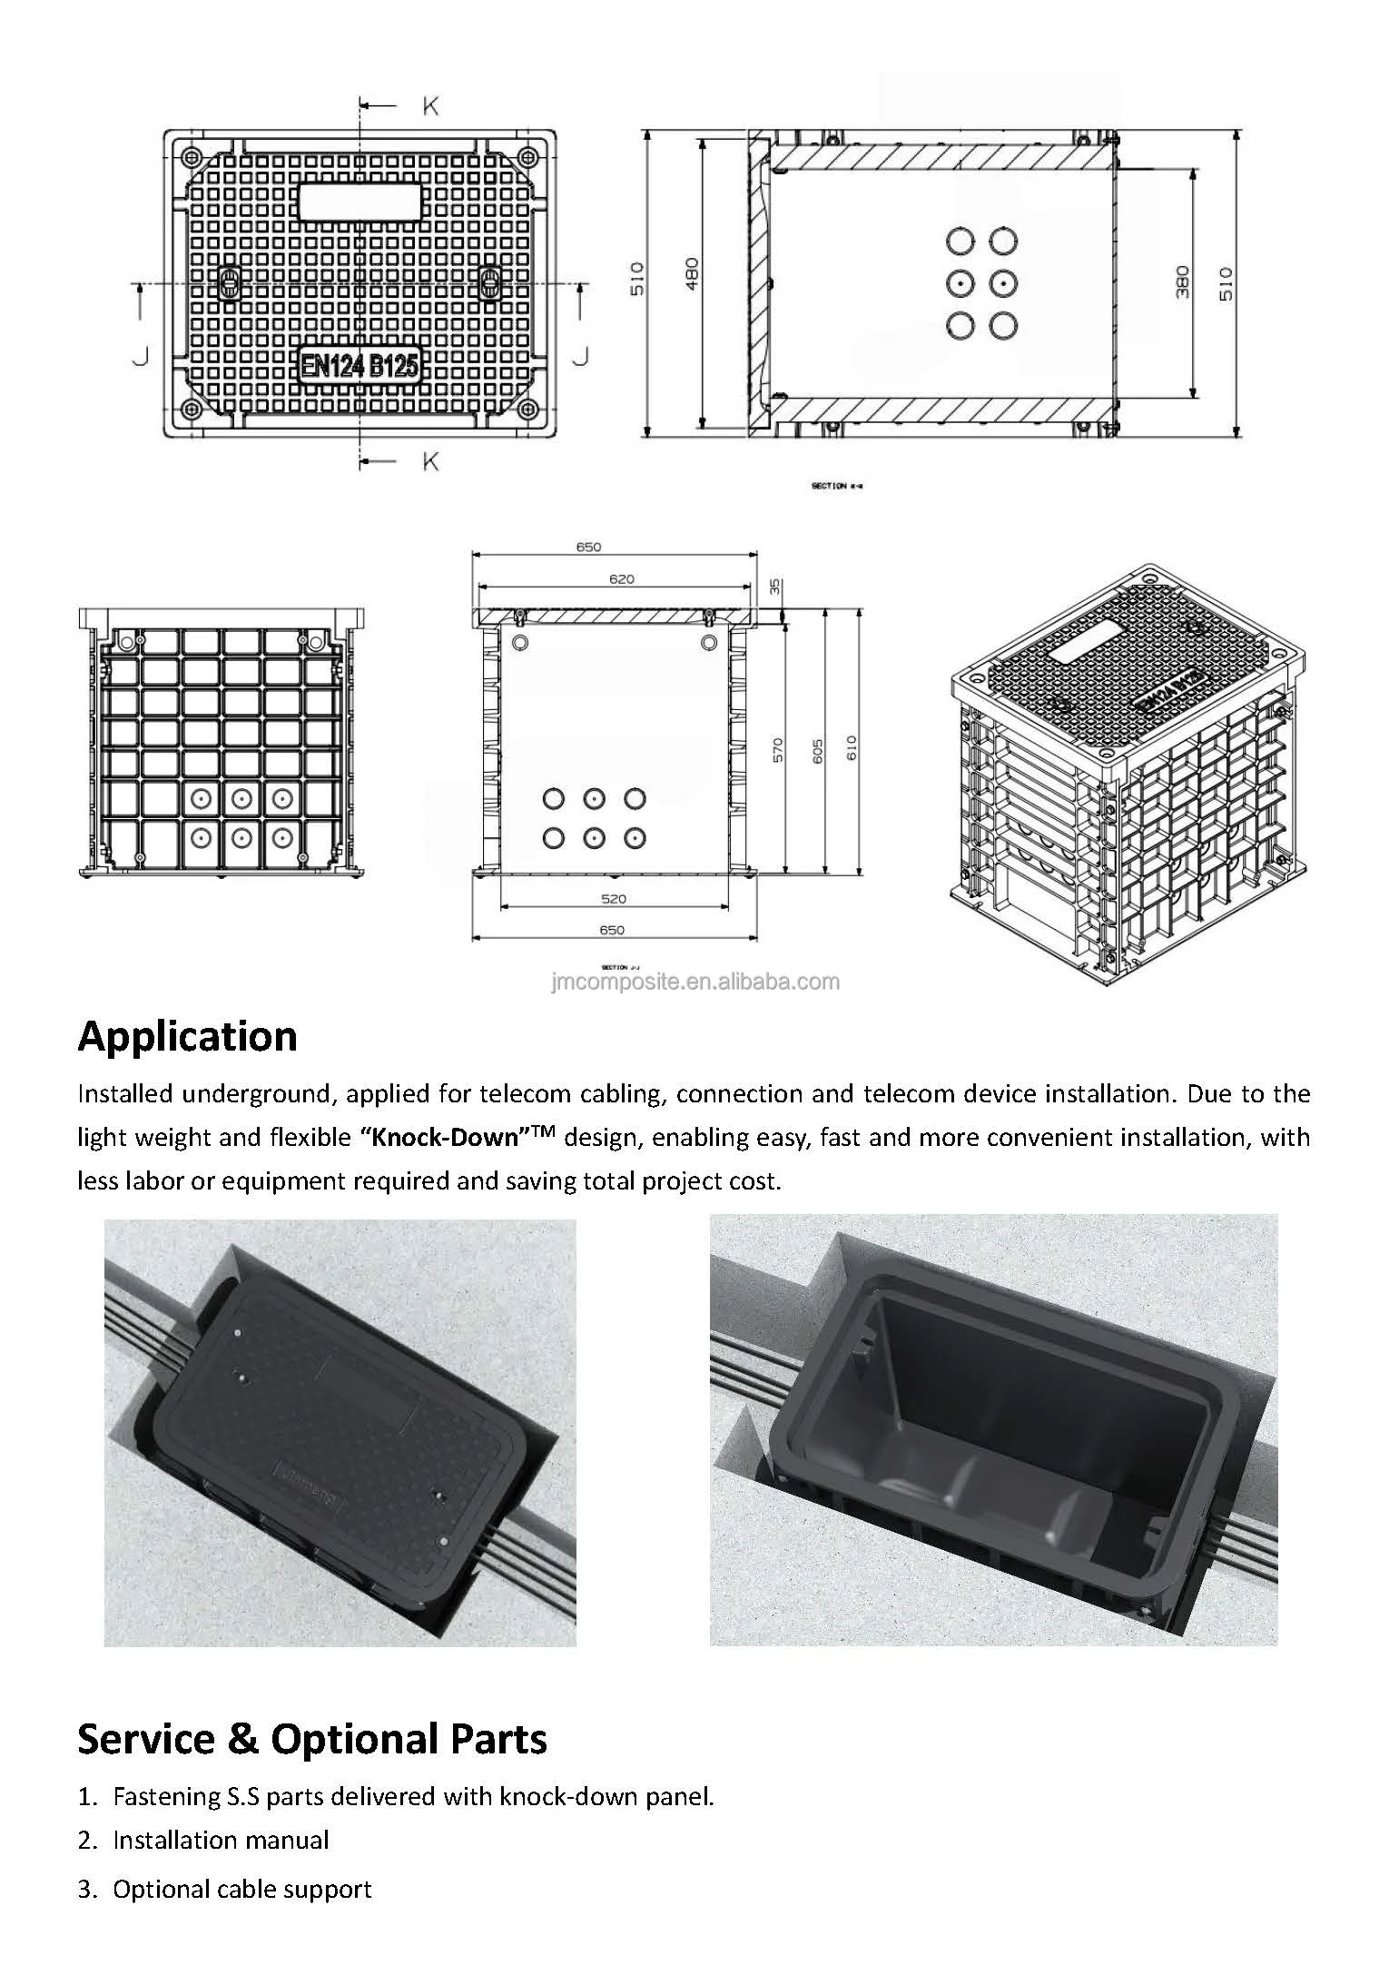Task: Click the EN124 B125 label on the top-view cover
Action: [360, 365]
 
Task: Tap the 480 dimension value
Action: [692, 274]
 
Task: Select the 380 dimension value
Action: [1182, 282]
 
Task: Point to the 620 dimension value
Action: [621, 578]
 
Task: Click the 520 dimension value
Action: [614, 898]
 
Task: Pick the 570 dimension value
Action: [779, 749]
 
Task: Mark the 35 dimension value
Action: [774, 587]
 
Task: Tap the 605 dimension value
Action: [817, 750]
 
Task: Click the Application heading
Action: [187, 1036]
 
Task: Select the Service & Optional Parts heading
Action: [312, 1738]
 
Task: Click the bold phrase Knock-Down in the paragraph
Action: [446, 1138]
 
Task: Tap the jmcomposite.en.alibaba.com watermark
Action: [695, 982]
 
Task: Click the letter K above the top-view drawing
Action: [430, 106]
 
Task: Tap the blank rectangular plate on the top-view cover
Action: [360, 202]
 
